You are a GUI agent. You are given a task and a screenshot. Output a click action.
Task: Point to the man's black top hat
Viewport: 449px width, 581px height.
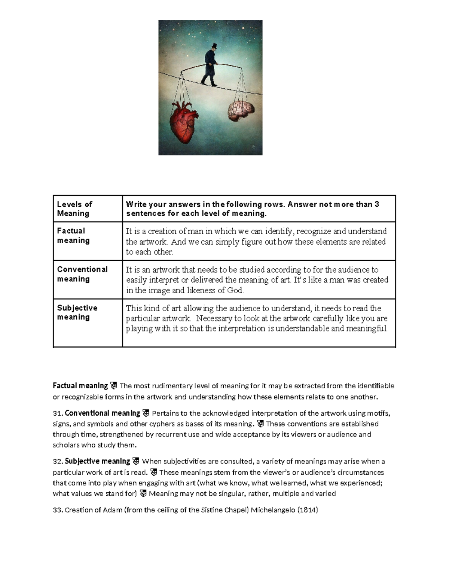pyautogui.click(x=214, y=46)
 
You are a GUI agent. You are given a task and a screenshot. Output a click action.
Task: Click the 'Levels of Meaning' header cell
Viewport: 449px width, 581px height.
pyautogui.click(x=74, y=209)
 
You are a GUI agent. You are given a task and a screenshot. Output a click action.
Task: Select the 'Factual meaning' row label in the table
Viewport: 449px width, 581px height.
pyautogui.click(x=73, y=235)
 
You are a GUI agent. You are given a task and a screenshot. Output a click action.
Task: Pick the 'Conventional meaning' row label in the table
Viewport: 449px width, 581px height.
pyautogui.click(x=82, y=274)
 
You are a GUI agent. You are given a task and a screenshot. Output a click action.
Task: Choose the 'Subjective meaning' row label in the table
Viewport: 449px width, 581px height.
pyautogui.click(x=77, y=312)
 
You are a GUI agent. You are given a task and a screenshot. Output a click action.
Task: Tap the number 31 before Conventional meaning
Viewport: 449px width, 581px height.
pyautogui.click(x=57, y=413)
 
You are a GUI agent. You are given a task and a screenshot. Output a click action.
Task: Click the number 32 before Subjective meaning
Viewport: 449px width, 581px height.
pyautogui.click(x=57, y=461)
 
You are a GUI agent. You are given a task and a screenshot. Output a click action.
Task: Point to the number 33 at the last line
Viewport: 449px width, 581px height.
pyautogui.click(x=57, y=510)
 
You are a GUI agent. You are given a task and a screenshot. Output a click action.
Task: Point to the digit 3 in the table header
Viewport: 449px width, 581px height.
pyautogui.click(x=377, y=204)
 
